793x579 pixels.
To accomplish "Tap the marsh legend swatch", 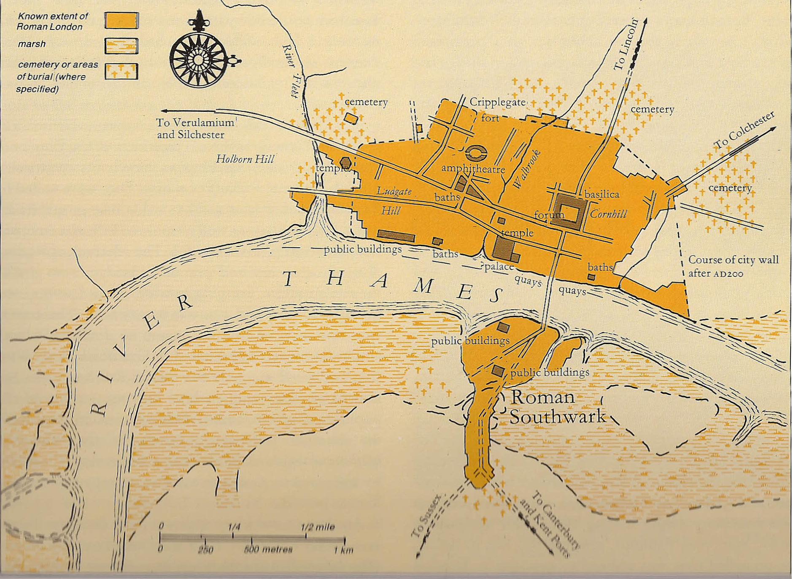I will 121,46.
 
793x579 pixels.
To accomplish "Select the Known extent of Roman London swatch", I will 121,20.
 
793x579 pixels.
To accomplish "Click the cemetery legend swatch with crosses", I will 121,71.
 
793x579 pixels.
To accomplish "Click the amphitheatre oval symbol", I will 477,153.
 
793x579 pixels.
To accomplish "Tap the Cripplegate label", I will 497,103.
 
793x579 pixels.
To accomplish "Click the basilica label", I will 602,195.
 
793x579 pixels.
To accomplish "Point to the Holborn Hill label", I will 245,159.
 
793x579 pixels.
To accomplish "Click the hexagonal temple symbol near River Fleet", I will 345,162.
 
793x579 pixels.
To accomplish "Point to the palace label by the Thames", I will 499,267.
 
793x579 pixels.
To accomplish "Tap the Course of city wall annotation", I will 733,266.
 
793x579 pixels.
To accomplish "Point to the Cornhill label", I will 608,214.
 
